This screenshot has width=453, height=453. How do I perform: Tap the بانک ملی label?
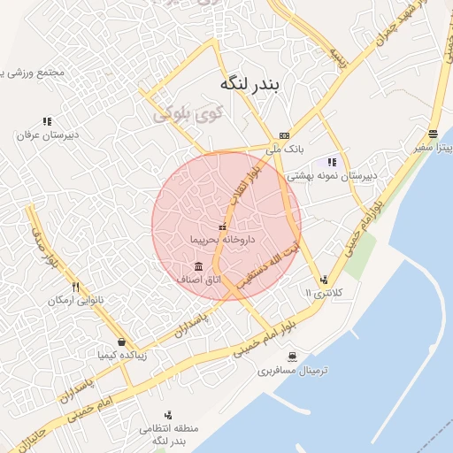pyautogui.click(x=284, y=150)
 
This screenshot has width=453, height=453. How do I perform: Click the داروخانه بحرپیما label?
pyautogui.click(x=223, y=240)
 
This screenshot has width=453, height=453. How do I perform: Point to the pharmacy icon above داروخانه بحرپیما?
pyautogui.click(x=223, y=227)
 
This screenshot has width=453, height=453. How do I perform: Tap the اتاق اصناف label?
pyautogui.click(x=199, y=280)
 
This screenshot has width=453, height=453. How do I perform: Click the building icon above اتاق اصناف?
pyautogui.click(x=198, y=266)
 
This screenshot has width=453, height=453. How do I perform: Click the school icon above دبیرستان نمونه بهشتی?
pyautogui.click(x=332, y=162)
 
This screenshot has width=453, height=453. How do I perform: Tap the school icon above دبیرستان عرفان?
pyautogui.click(x=46, y=121)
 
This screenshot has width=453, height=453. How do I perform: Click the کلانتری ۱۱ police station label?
pyautogui.click(x=329, y=292)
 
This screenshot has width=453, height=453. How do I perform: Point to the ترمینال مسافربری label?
pyautogui.click(x=293, y=371)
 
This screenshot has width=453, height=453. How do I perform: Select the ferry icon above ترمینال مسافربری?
pyautogui.click(x=292, y=357)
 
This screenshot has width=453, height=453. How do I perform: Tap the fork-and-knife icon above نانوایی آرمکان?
pyautogui.click(x=76, y=287)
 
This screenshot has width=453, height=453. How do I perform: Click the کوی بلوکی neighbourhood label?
pyautogui.click(x=187, y=114)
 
